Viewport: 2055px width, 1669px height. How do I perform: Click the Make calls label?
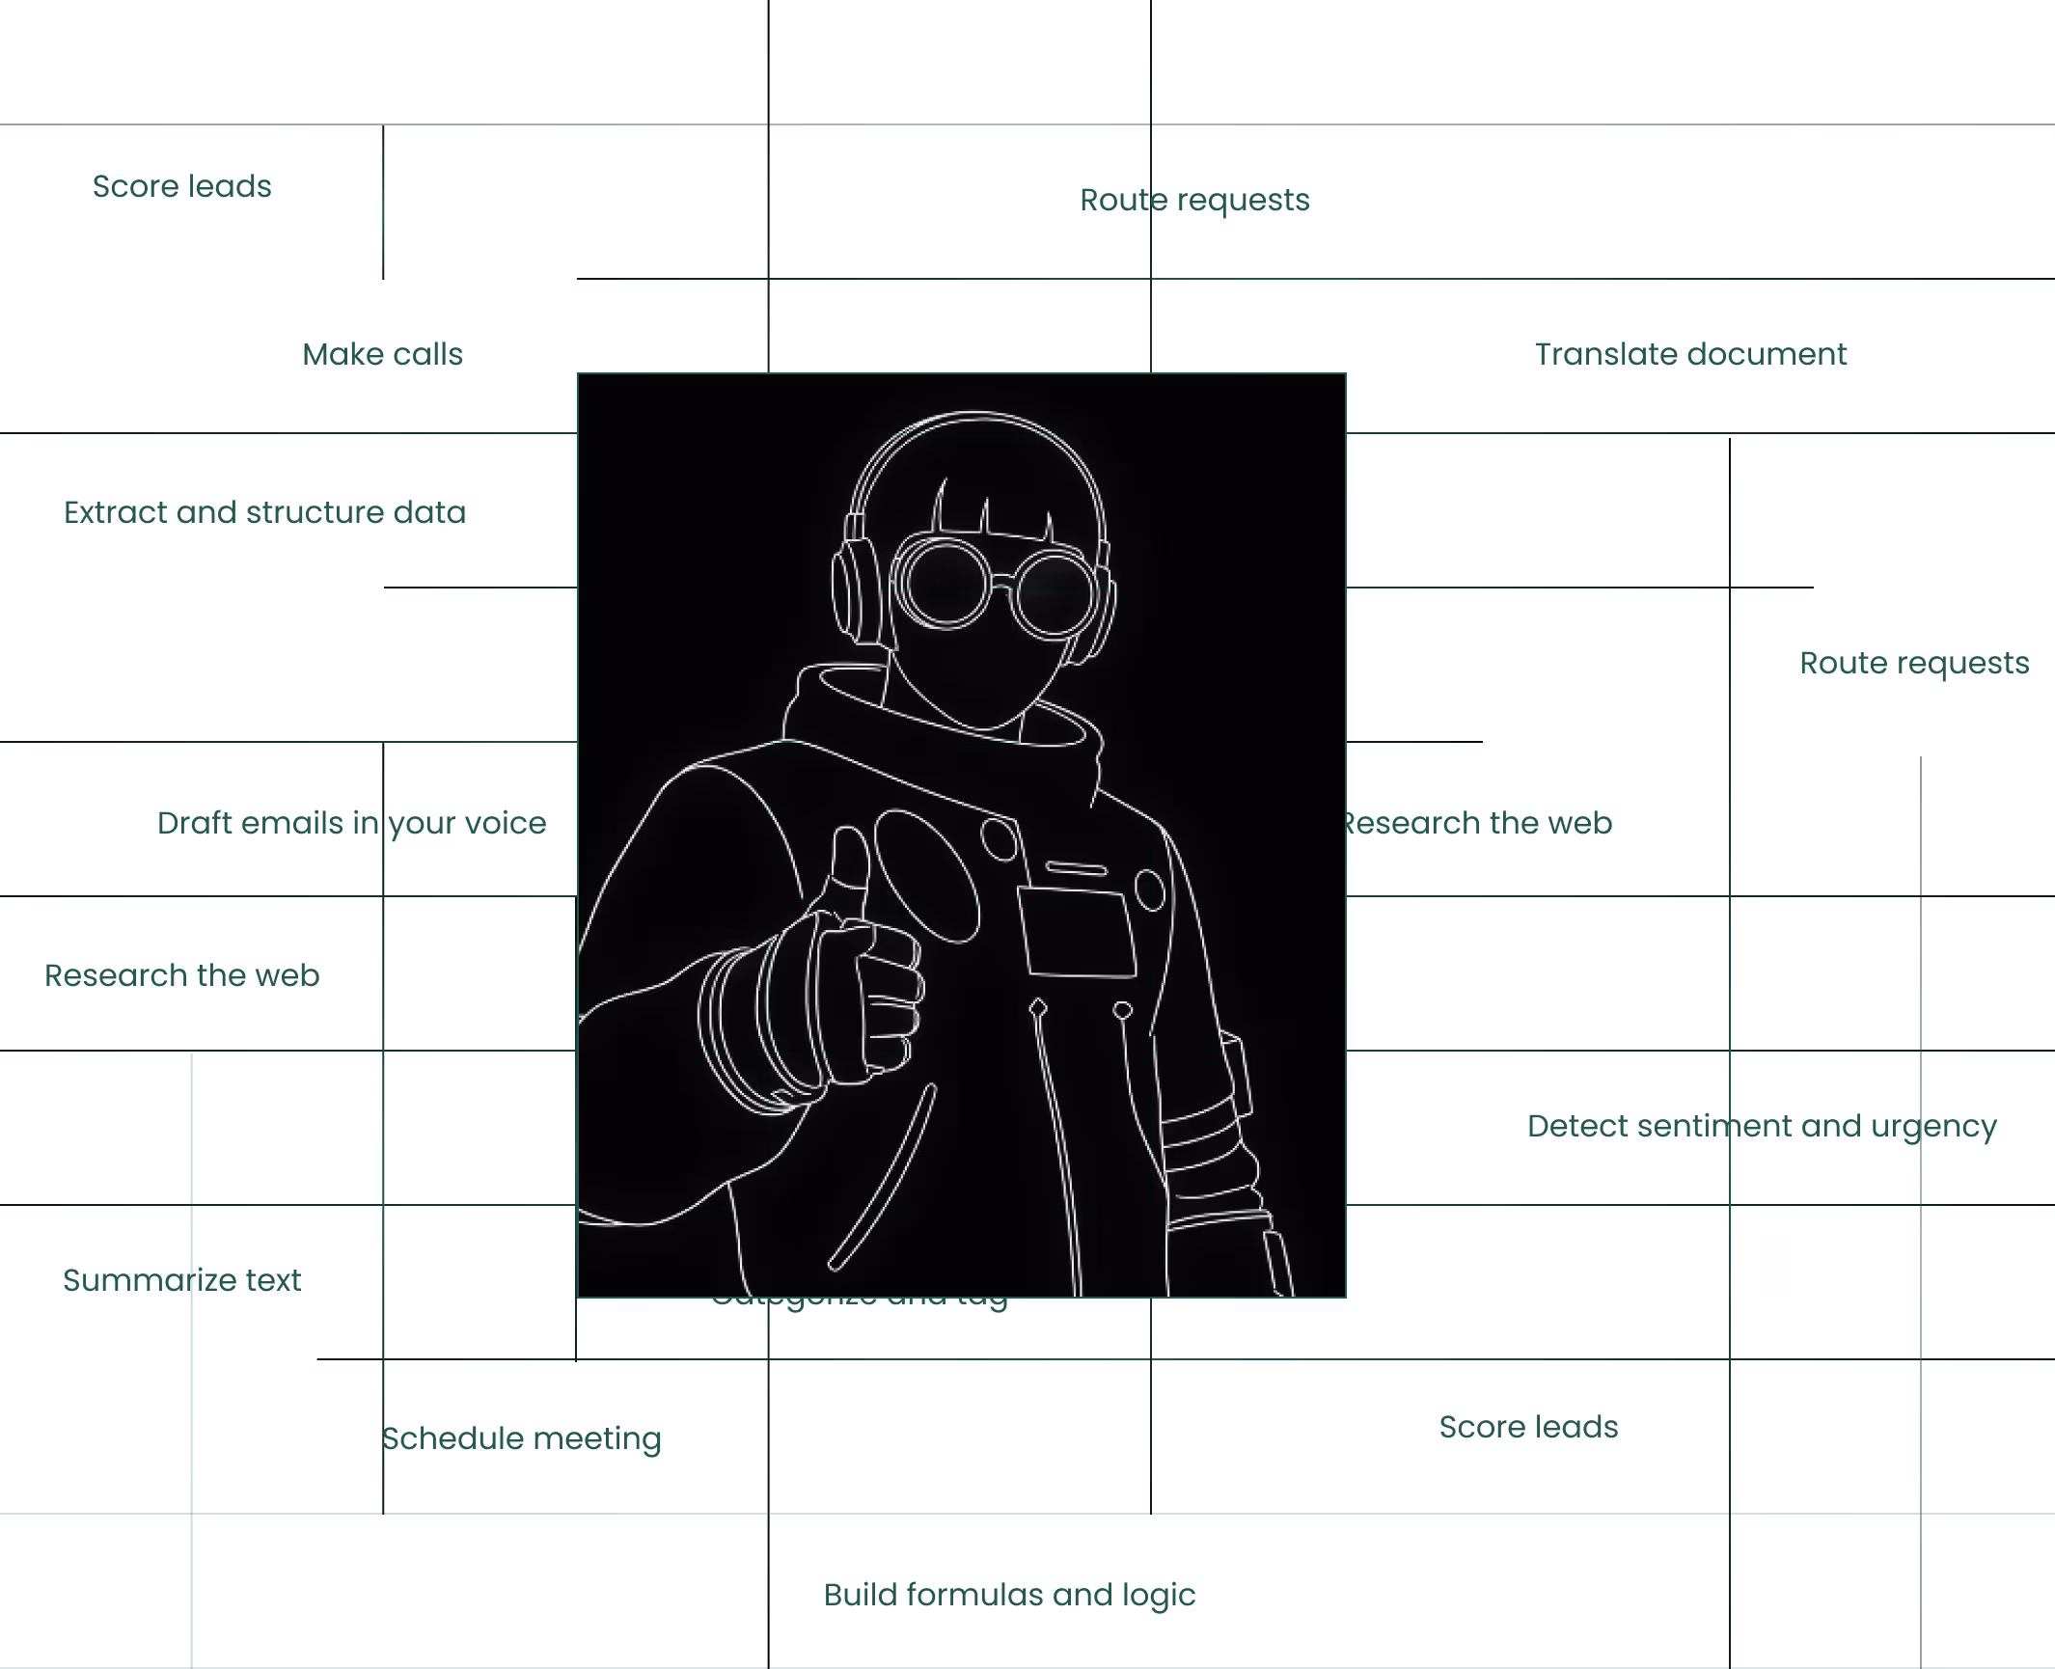[382, 354]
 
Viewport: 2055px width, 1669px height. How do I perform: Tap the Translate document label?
[1690, 354]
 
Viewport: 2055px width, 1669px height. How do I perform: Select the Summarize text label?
[181, 1280]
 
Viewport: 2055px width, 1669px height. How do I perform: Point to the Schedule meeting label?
[522, 1438]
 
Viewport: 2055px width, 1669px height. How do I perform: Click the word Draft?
[198, 823]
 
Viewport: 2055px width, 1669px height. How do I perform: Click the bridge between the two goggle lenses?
[1001, 582]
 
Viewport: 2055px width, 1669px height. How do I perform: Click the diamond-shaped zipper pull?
[1038, 1008]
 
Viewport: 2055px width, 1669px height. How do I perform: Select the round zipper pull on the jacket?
[1122, 1010]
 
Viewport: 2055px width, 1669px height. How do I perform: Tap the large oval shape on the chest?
[926, 876]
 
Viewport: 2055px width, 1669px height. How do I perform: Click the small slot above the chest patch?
[1076, 868]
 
